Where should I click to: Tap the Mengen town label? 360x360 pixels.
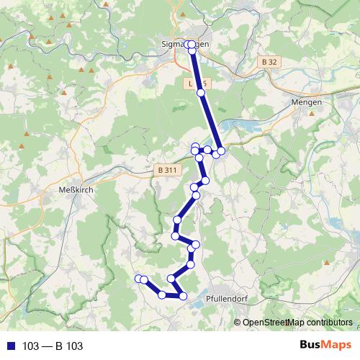pyautogui.click(x=307, y=102)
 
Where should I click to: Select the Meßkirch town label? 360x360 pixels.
pyautogui.click(x=72, y=190)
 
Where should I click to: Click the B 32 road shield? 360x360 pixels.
pyautogui.click(x=269, y=63)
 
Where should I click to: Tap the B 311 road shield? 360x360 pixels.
pyautogui.click(x=166, y=170)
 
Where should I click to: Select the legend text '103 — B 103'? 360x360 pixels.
pyautogui.click(x=53, y=346)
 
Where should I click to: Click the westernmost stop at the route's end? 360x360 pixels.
pyautogui.click(x=138, y=279)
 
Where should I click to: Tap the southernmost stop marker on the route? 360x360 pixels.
pyautogui.click(x=183, y=296)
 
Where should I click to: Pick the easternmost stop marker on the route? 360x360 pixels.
pyautogui.click(x=222, y=150)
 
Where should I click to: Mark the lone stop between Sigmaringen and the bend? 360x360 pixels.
pyautogui.click(x=201, y=92)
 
